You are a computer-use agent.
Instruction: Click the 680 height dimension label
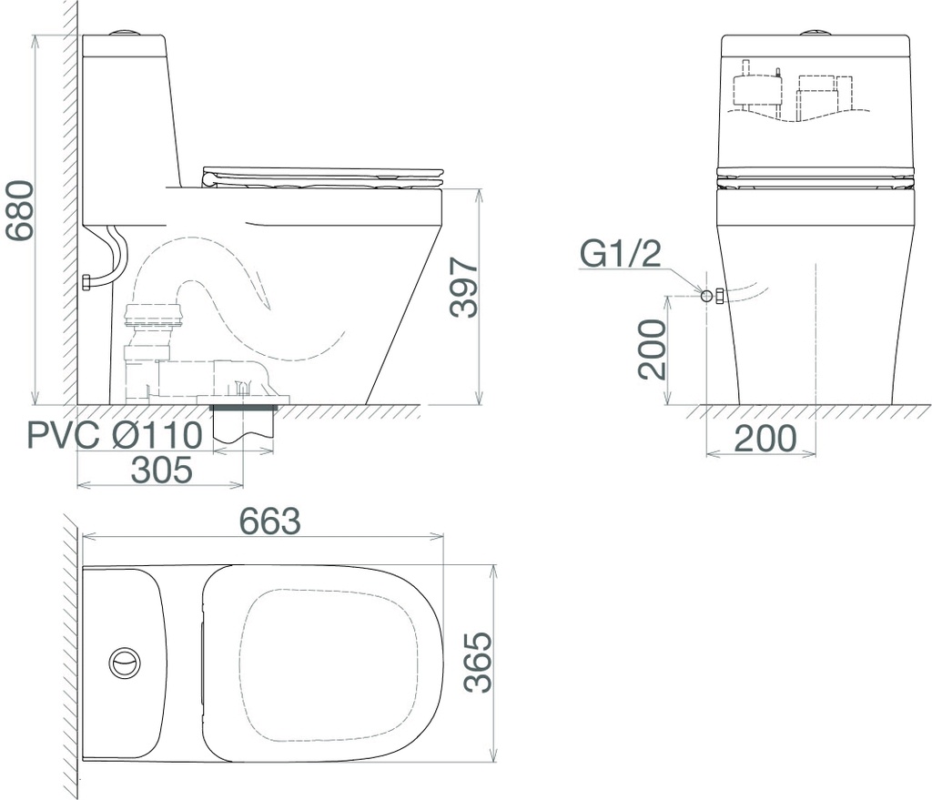tap(20, 210)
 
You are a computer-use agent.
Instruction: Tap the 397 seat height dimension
tap(464, 287)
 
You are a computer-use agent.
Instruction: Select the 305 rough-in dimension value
tap(162, 470)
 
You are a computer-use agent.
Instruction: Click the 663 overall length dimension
tap(269, 522)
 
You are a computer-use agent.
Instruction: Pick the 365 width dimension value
tap(479, 662)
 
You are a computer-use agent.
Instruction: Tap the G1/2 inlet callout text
tap(620, 254)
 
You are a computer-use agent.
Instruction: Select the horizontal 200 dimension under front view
tap(765, 439)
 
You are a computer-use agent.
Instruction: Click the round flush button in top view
tap(125, 662)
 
